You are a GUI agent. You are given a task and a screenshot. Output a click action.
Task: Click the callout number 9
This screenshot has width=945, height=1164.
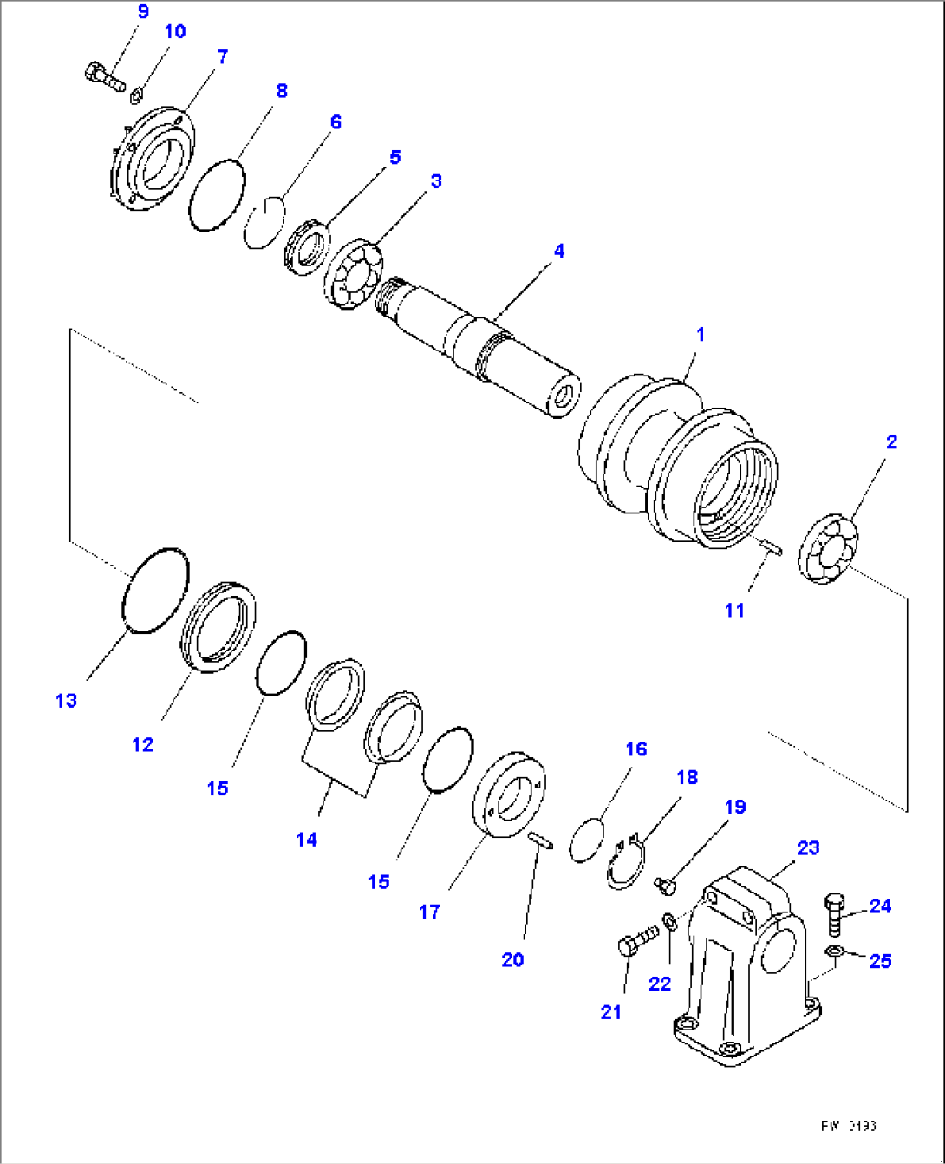[142, 12]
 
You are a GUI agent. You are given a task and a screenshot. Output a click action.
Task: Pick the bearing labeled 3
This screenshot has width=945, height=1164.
[355, 275]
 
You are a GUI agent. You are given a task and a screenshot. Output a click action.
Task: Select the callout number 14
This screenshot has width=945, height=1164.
[307, 840]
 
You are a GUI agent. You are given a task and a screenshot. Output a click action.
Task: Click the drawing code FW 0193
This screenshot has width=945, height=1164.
[848, 1126]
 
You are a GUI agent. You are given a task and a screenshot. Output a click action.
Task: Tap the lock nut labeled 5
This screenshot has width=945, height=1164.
[305, 248]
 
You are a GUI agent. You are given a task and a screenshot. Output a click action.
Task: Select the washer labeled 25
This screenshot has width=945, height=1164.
[833, 954]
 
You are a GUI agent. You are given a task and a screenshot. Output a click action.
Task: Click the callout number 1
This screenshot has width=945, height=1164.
[701, 335]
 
